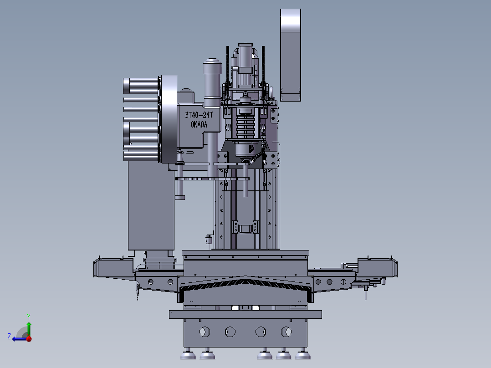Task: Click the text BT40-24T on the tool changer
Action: click(202, 115)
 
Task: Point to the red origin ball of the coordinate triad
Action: click(29, 338)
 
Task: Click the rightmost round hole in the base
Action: click(286, 332)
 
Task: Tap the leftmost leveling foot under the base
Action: click(187, 354)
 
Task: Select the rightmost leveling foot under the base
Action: click(301, 354)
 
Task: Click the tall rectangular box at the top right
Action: click(291, 55)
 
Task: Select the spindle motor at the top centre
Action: click(245, 64)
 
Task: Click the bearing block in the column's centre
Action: click(245, 227)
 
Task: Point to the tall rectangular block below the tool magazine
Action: click(150, 205)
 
